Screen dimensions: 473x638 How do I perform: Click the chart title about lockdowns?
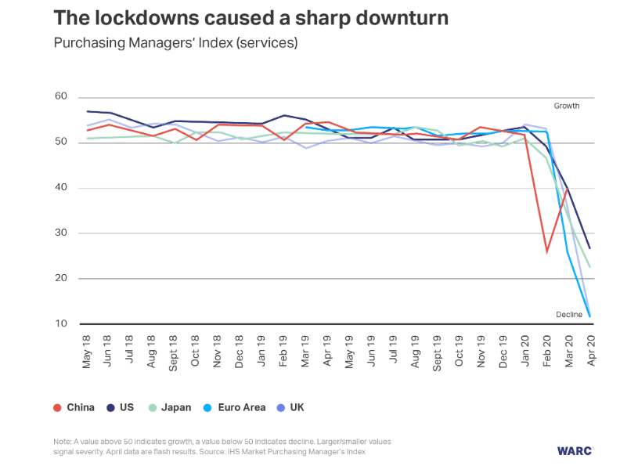(251, 18)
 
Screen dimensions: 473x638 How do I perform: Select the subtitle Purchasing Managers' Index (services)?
(175, 43)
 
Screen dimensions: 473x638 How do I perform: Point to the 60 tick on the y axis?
(60, 96)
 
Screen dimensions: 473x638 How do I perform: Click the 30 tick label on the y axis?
(60, 233)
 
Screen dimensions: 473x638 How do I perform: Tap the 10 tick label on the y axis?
(60, 323)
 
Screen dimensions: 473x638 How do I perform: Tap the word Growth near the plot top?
(567, 106)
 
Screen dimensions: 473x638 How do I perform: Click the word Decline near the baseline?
(569, 315)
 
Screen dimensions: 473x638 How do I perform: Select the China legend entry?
(74, 407)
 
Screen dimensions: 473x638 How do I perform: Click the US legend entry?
(119, 407)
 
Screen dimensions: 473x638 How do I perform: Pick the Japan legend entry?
(168, 407)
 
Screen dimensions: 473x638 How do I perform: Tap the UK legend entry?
(289, 407)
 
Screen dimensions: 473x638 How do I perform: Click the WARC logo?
(575, 450)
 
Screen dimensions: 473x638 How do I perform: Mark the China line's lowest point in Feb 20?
(546, 251)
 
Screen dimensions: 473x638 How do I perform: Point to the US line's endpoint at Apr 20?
(589, 248)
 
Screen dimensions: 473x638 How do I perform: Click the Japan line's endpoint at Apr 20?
(589, 267)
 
